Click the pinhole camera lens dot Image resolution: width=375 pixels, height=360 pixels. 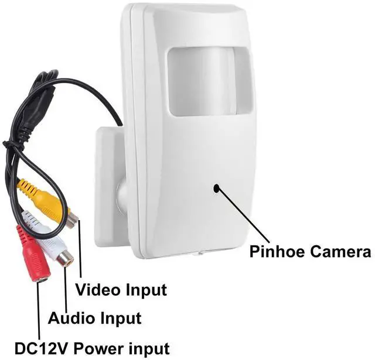[x=217, y=188]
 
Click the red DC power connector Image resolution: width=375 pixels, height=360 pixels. [x=32, y=258]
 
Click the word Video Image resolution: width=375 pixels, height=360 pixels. [x=98, y=289]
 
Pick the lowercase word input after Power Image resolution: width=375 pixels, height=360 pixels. [x=149, y=348]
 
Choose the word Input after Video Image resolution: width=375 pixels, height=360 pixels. [x=145, y=289]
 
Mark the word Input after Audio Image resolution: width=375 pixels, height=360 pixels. [x=119, y=318]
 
